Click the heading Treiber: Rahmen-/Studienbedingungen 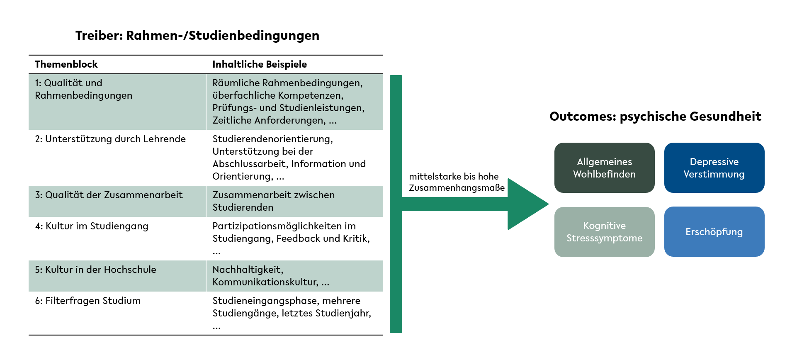click(x=197, y=36)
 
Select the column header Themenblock click(x=66, y=64)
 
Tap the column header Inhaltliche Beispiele click(x=260, y=64)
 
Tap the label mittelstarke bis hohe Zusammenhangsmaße click(x=457, y=182)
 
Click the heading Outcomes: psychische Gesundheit click(x=655, y=116)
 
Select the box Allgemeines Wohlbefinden click(x=605, y=168)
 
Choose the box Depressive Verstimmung click(x=714, y=168)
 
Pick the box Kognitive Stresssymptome click(x=605, y=232)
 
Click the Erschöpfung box click(x=714, y=232)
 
